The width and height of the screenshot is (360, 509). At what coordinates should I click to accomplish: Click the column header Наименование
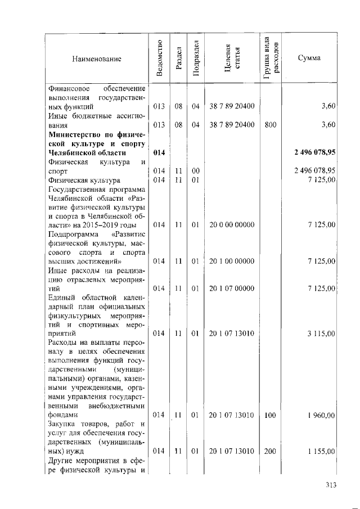(96, 58)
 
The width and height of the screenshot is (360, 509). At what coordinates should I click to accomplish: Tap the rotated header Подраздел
(196, 58)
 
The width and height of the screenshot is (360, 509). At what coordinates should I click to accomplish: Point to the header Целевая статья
(232, 58)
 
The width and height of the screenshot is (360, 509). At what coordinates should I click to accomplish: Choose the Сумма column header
(309, 58)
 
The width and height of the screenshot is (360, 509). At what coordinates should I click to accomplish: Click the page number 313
(332, 485)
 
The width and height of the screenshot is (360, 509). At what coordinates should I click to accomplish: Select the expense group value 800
(270, 124)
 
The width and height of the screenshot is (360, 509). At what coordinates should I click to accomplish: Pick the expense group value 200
(270, 452)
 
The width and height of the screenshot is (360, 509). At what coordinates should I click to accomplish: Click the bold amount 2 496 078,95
(315, 152)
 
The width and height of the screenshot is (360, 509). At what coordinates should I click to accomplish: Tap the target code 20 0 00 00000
(232, 225)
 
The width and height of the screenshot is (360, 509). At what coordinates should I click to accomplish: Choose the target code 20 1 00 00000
(232, 261)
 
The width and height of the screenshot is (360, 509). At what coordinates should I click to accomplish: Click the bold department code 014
(159, 152)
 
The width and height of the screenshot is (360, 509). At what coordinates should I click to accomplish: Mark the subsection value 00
(195, 170)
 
